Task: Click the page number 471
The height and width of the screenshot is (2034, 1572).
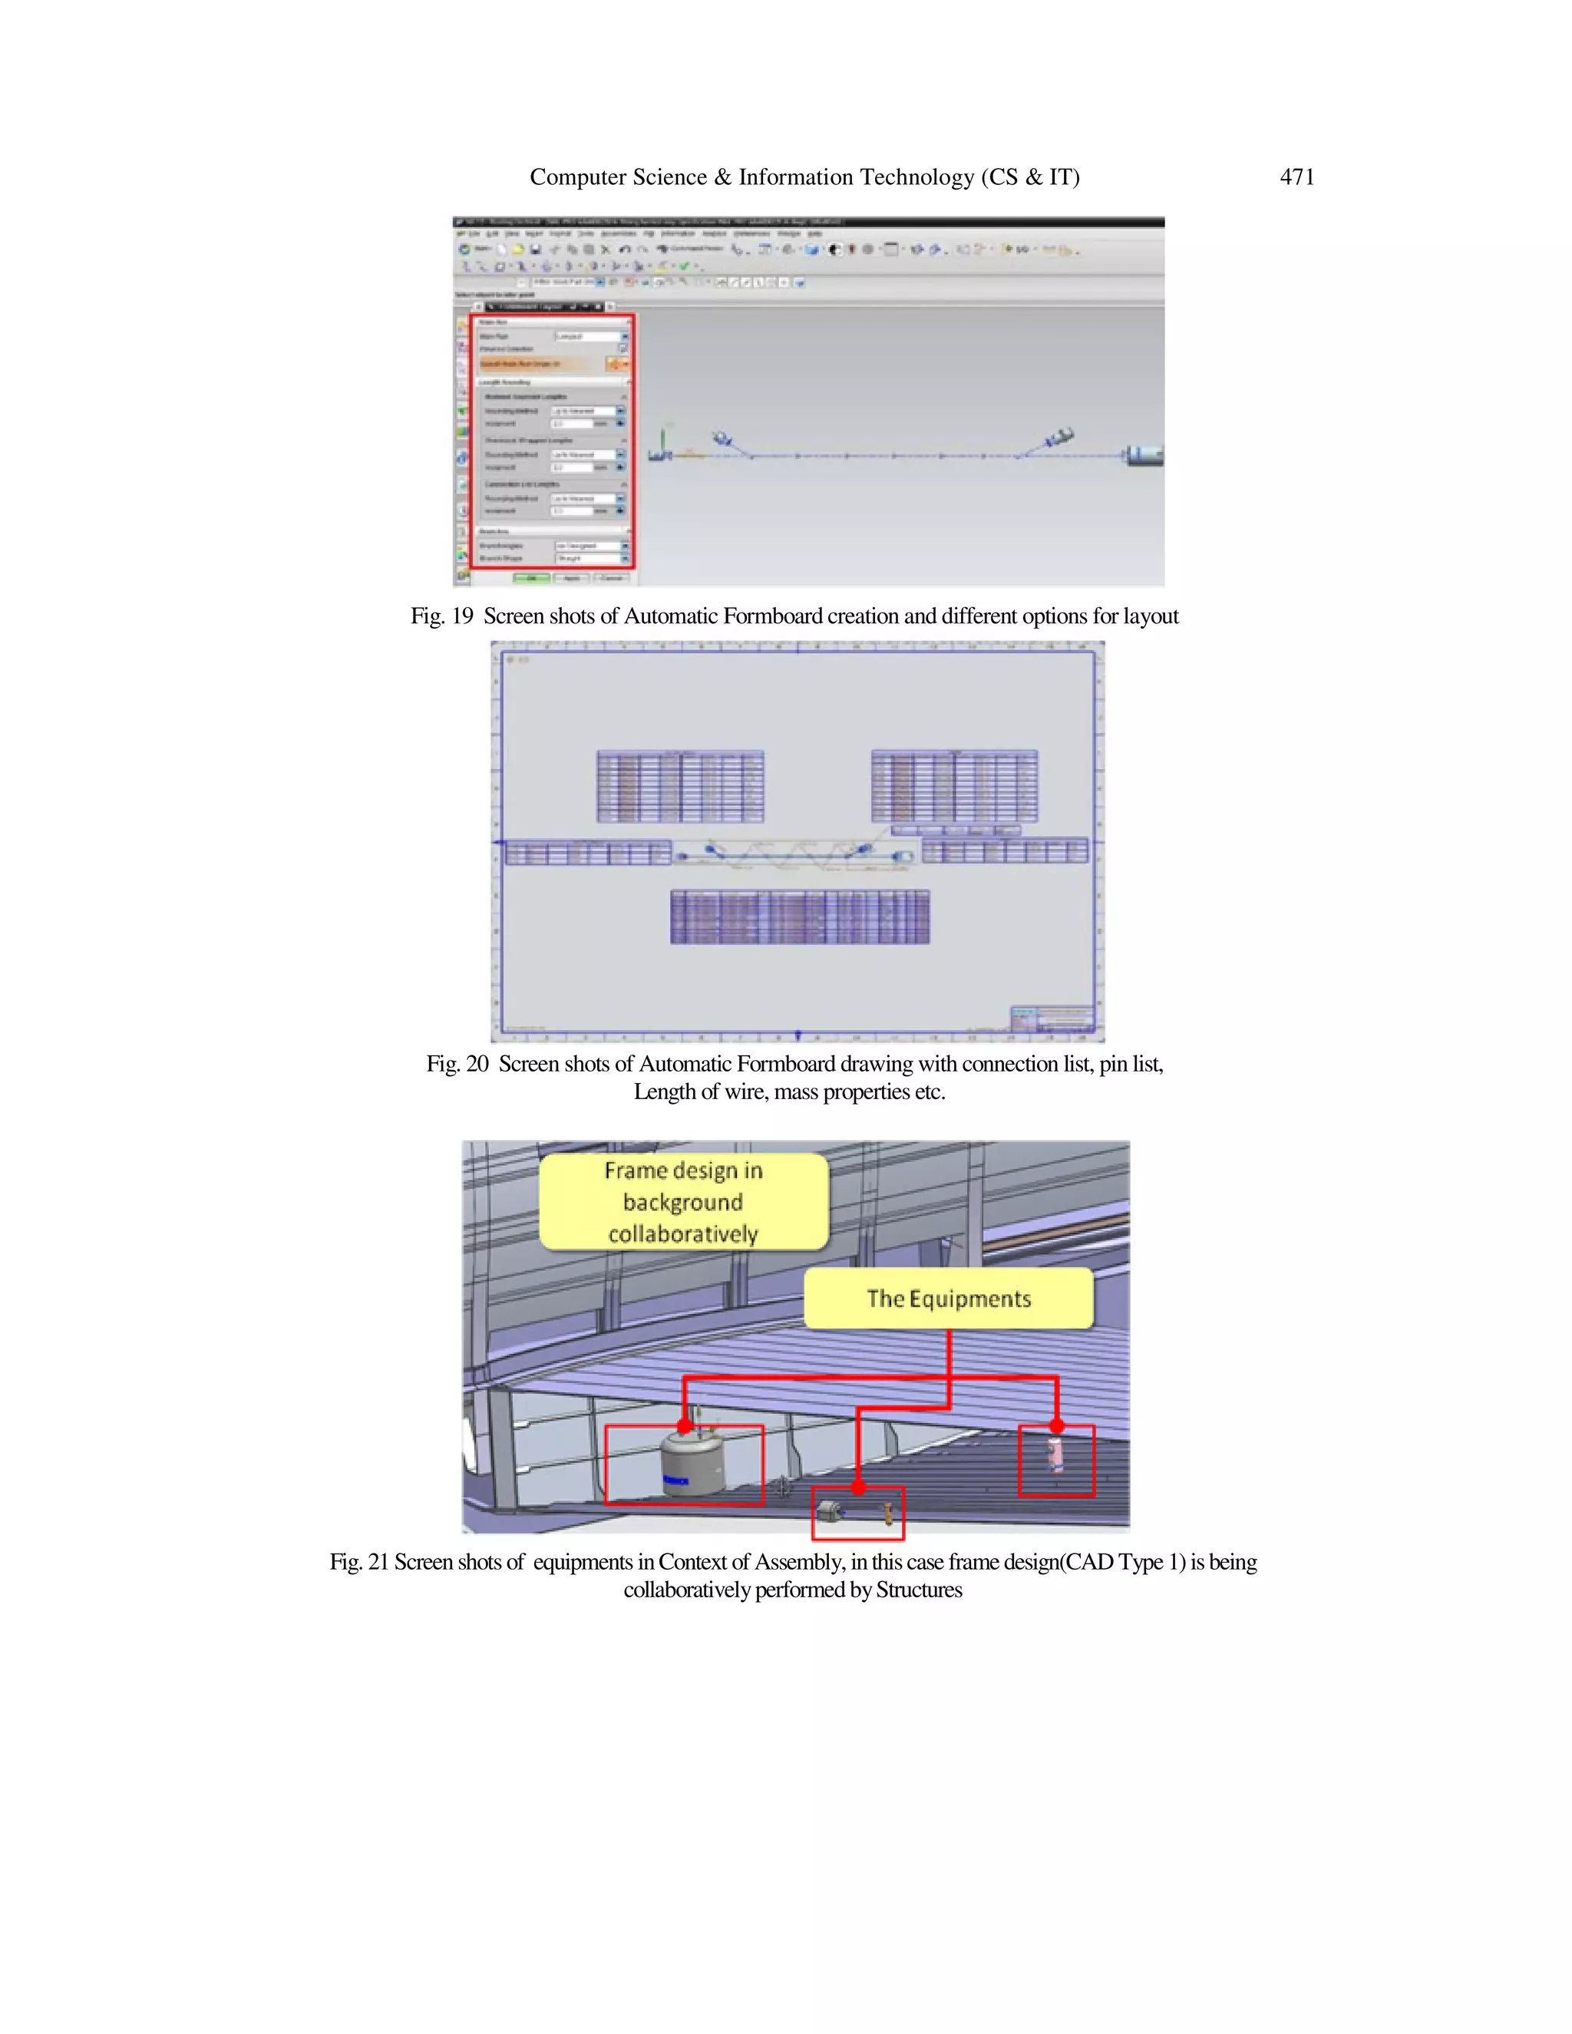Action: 1296,177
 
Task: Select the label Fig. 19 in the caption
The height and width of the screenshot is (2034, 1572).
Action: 441,616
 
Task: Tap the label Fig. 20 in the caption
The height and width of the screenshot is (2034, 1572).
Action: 457,1064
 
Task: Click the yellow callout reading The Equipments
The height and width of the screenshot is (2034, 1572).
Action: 948,1298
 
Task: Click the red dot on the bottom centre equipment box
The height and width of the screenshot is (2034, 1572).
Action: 857,1488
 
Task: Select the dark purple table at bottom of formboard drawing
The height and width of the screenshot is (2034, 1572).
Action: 799,917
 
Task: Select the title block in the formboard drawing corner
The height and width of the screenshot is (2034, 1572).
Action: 1052,1018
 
